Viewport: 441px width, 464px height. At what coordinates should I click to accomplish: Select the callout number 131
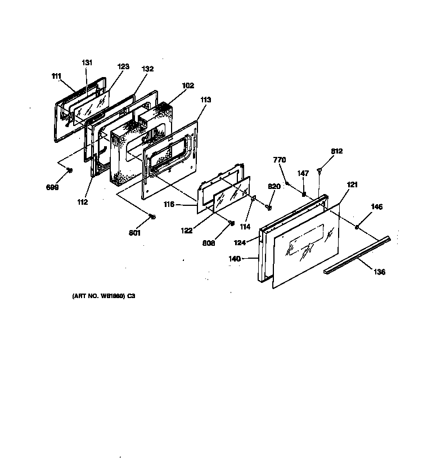point(87,63)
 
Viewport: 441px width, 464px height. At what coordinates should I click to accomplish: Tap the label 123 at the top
point(123,66)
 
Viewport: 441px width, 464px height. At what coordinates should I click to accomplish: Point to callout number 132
point(147,69)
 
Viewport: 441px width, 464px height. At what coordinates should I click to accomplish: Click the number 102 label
point(188,85)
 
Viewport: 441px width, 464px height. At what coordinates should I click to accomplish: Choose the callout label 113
point(205,100)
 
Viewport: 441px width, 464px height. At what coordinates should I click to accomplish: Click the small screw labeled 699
point(69,170)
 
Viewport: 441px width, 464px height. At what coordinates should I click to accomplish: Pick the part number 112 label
point(83,202)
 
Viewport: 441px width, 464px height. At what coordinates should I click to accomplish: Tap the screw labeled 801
point(151,216)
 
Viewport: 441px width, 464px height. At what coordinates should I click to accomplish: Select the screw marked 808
point(232,223)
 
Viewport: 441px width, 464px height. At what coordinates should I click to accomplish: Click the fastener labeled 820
point(269,207)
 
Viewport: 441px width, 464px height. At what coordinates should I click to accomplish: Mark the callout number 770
point(280,160)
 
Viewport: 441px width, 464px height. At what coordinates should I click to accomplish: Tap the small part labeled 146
point(357,227)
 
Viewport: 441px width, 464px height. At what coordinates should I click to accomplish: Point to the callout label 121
point(352,184)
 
